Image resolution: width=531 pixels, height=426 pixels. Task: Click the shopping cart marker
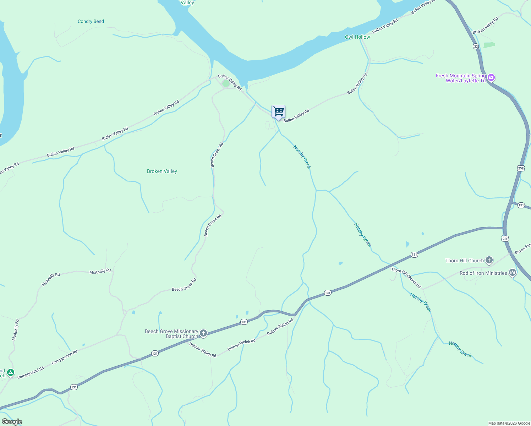coord(278,111)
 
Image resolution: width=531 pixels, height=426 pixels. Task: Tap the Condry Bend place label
coord(91,21)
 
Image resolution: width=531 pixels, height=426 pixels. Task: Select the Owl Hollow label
coord(357,37)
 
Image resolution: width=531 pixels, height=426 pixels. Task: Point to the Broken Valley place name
coord(162,171)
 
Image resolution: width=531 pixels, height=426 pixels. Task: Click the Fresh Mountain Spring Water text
coord(461,78)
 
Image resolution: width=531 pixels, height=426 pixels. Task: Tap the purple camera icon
coord(491,77)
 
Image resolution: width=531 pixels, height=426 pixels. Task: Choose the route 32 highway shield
coord(476,47)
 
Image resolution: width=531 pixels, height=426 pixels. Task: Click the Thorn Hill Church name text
coord(465,261)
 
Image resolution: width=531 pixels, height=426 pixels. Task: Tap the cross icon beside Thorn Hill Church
coord(489,260)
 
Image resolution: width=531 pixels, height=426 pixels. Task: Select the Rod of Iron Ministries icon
coord(512,273)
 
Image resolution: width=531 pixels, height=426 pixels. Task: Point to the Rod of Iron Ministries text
coord(483,273)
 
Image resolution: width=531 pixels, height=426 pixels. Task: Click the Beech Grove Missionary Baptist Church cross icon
coord(203,333)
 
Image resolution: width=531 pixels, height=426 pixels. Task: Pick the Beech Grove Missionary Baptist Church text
coord(171,334)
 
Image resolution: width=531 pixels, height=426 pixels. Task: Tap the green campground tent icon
coord(11,372)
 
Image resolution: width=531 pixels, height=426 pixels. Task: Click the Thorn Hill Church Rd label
coord(406,278)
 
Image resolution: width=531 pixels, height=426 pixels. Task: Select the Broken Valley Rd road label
coord(485,25)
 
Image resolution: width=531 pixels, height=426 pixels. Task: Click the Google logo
coord(12,422)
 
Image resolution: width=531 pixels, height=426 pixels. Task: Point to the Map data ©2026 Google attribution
coord(509,423)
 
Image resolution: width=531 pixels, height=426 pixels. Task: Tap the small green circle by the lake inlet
coord(226,83)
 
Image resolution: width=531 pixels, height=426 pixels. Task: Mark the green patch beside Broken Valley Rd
coord(489,45)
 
